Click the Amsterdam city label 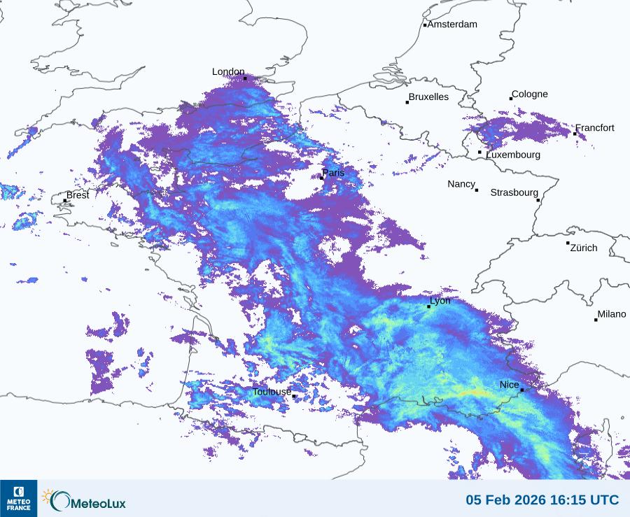pos(452,24)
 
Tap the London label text pos(228,71)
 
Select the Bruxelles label pos(428,97)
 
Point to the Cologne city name pos(530,94)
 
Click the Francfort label pos(595,128)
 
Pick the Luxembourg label pos(513,155)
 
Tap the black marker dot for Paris pos(321,178)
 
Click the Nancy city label pos(461,184)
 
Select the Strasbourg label pos(514,192)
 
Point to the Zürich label pos(584,248)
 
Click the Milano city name pos(612,315)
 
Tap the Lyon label pos(440,301)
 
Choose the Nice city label pos(509,385)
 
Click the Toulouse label pos(272,392)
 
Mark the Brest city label pos(78,195)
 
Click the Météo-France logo pos(18,498)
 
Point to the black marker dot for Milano pos(596,320)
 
